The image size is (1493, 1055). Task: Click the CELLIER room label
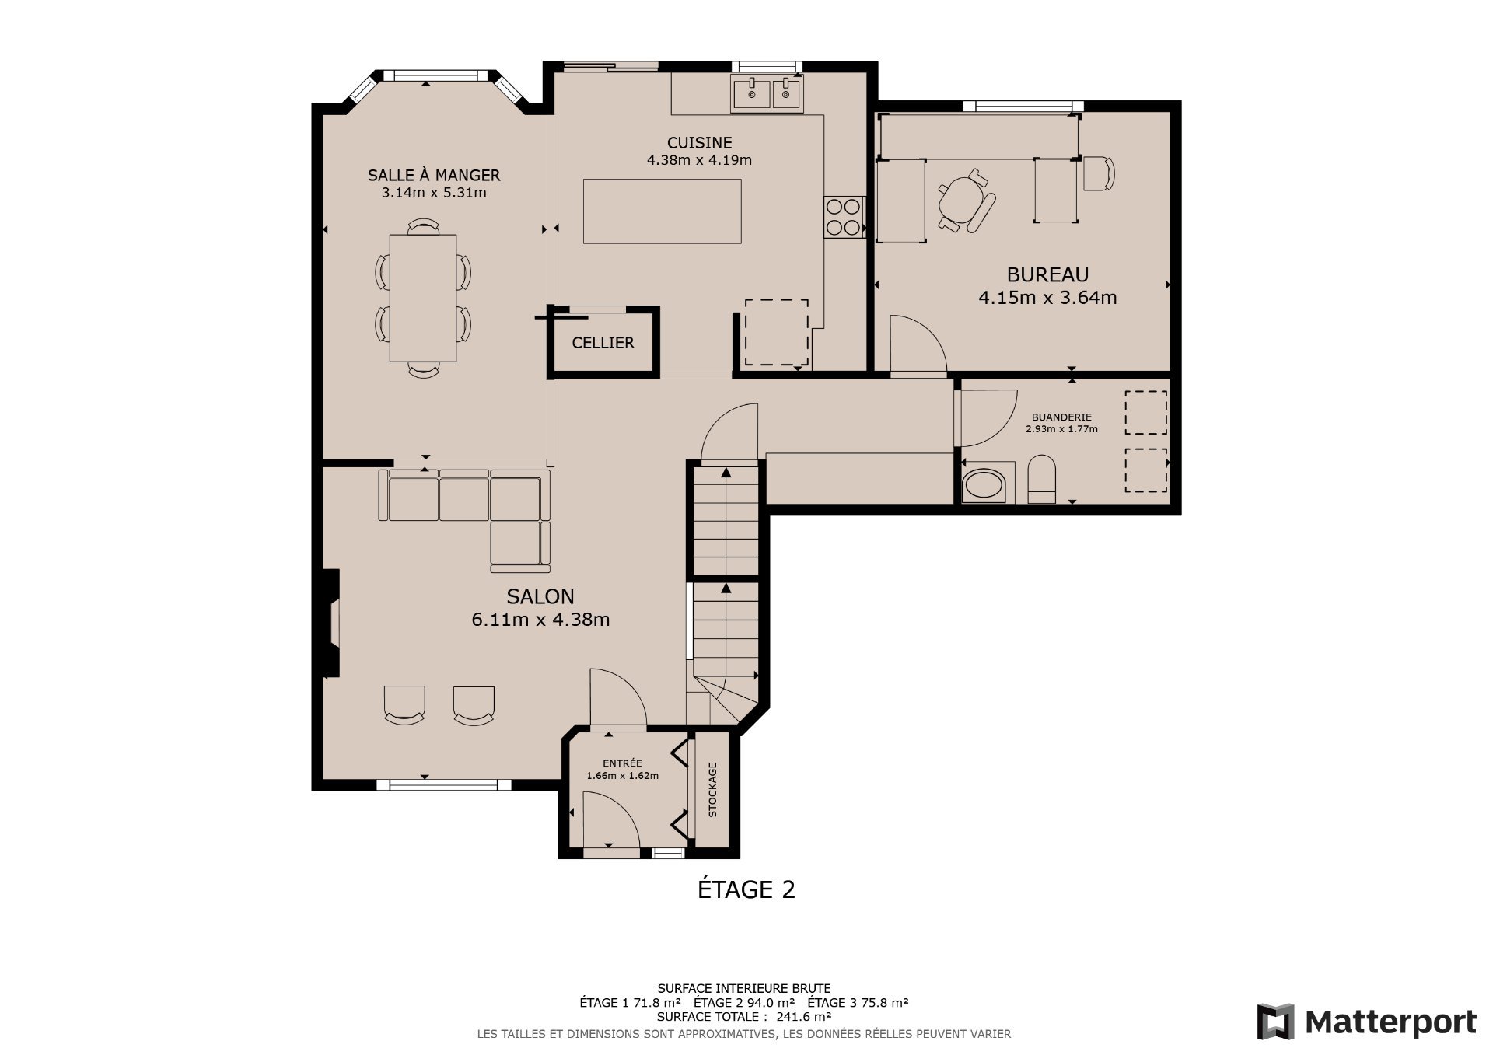click(x=603, y=343)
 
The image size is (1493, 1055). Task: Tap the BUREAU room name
click(x=1047, y=274)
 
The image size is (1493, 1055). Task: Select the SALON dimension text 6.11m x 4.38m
click(x=540, y=620)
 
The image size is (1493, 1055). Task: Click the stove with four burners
click(x=844, y=217)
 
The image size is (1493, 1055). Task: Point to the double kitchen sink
click(x=768, y=94)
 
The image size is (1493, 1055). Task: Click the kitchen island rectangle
click(x=662, y=211)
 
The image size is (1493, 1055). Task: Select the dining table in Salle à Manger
click(x=422, y=298)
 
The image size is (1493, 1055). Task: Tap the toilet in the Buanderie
click(x=1041, y=480)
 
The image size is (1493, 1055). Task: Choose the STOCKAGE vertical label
click(x=712, y=789)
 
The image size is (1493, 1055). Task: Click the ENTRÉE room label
click(x=622, y=763)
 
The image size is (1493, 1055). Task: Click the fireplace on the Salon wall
click(x=331, y=623)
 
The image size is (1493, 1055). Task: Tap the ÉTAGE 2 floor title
click(x=746, y=889)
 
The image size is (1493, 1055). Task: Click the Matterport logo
click(x=1366, y=1022)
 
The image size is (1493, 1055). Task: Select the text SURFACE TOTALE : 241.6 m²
click(x=743, y=1016)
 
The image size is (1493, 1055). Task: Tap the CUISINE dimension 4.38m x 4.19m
click(x=699, y=160)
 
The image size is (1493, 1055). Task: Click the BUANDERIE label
click(x=1061, y=417)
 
